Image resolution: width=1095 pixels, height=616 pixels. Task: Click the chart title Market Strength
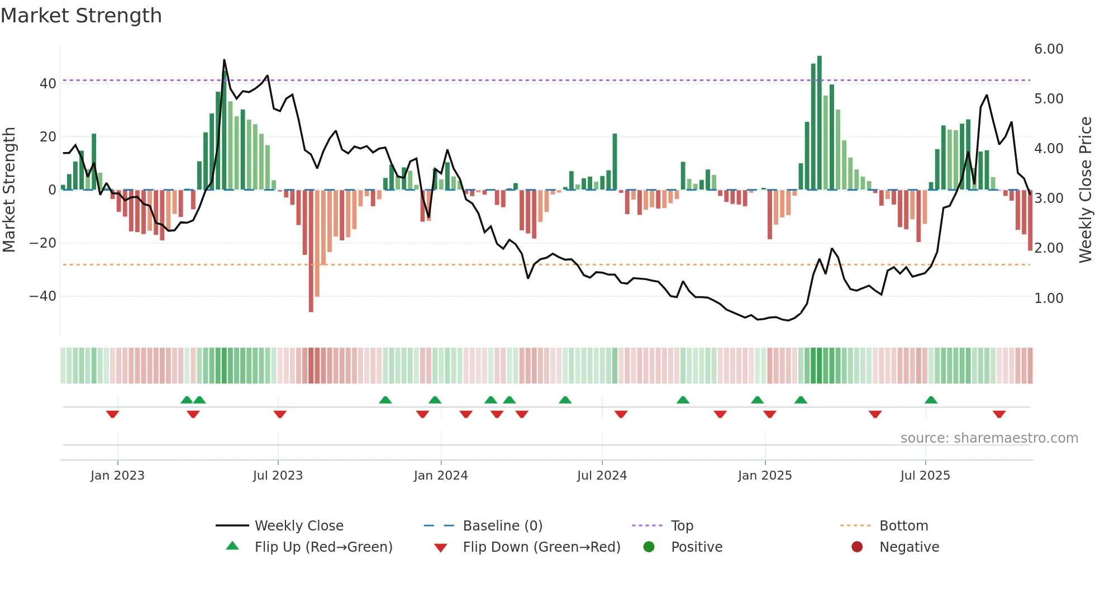[81, 16]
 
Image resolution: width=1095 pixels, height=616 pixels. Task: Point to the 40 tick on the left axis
[48, 84]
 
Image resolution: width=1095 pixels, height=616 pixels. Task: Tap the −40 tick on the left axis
[43, 296]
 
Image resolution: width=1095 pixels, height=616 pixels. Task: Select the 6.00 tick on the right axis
[1049, 49]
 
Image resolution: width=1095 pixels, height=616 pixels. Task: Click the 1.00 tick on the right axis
[1049, 298]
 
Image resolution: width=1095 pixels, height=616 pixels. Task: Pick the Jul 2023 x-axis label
[278, 476]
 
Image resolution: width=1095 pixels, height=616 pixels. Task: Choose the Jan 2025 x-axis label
[765, 476]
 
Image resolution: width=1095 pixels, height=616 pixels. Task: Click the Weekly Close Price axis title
[1085, 190]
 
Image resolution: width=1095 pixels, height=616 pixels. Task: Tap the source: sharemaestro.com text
[989, 438]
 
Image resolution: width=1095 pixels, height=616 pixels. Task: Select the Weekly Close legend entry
[299, 526]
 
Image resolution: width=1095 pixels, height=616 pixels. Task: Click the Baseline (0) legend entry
[502, 526]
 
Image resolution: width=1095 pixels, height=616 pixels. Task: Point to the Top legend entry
[682, 526]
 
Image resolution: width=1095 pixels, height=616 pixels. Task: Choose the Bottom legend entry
[903, 526]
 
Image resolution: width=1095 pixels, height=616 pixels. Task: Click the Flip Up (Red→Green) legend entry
[323, 547]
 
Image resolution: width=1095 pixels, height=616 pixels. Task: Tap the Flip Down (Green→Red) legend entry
[541, 547]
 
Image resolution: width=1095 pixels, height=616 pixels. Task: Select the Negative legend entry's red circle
[857, 547]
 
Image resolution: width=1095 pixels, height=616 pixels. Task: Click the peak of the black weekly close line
[224, 60]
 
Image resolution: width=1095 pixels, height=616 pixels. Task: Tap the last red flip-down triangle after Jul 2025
[999, 414]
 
